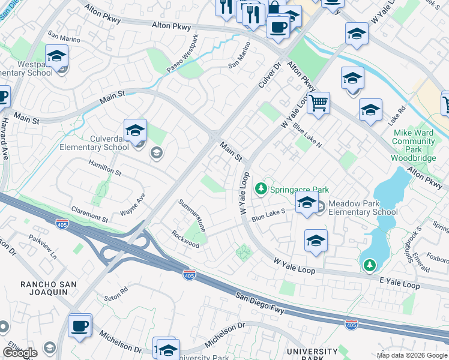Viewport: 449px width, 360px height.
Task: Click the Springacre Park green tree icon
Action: (261, 189)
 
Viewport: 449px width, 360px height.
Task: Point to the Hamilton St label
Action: (106, 171)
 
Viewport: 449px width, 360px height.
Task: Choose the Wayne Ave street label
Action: (133, 205)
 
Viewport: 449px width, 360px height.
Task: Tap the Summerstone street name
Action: (192, 216)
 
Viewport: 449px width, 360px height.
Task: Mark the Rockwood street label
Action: (185, 239)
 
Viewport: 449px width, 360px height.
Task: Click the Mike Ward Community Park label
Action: (413, 142)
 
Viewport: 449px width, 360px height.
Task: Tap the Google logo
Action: (20, 353)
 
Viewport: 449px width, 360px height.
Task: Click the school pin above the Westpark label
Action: (56, 57)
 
